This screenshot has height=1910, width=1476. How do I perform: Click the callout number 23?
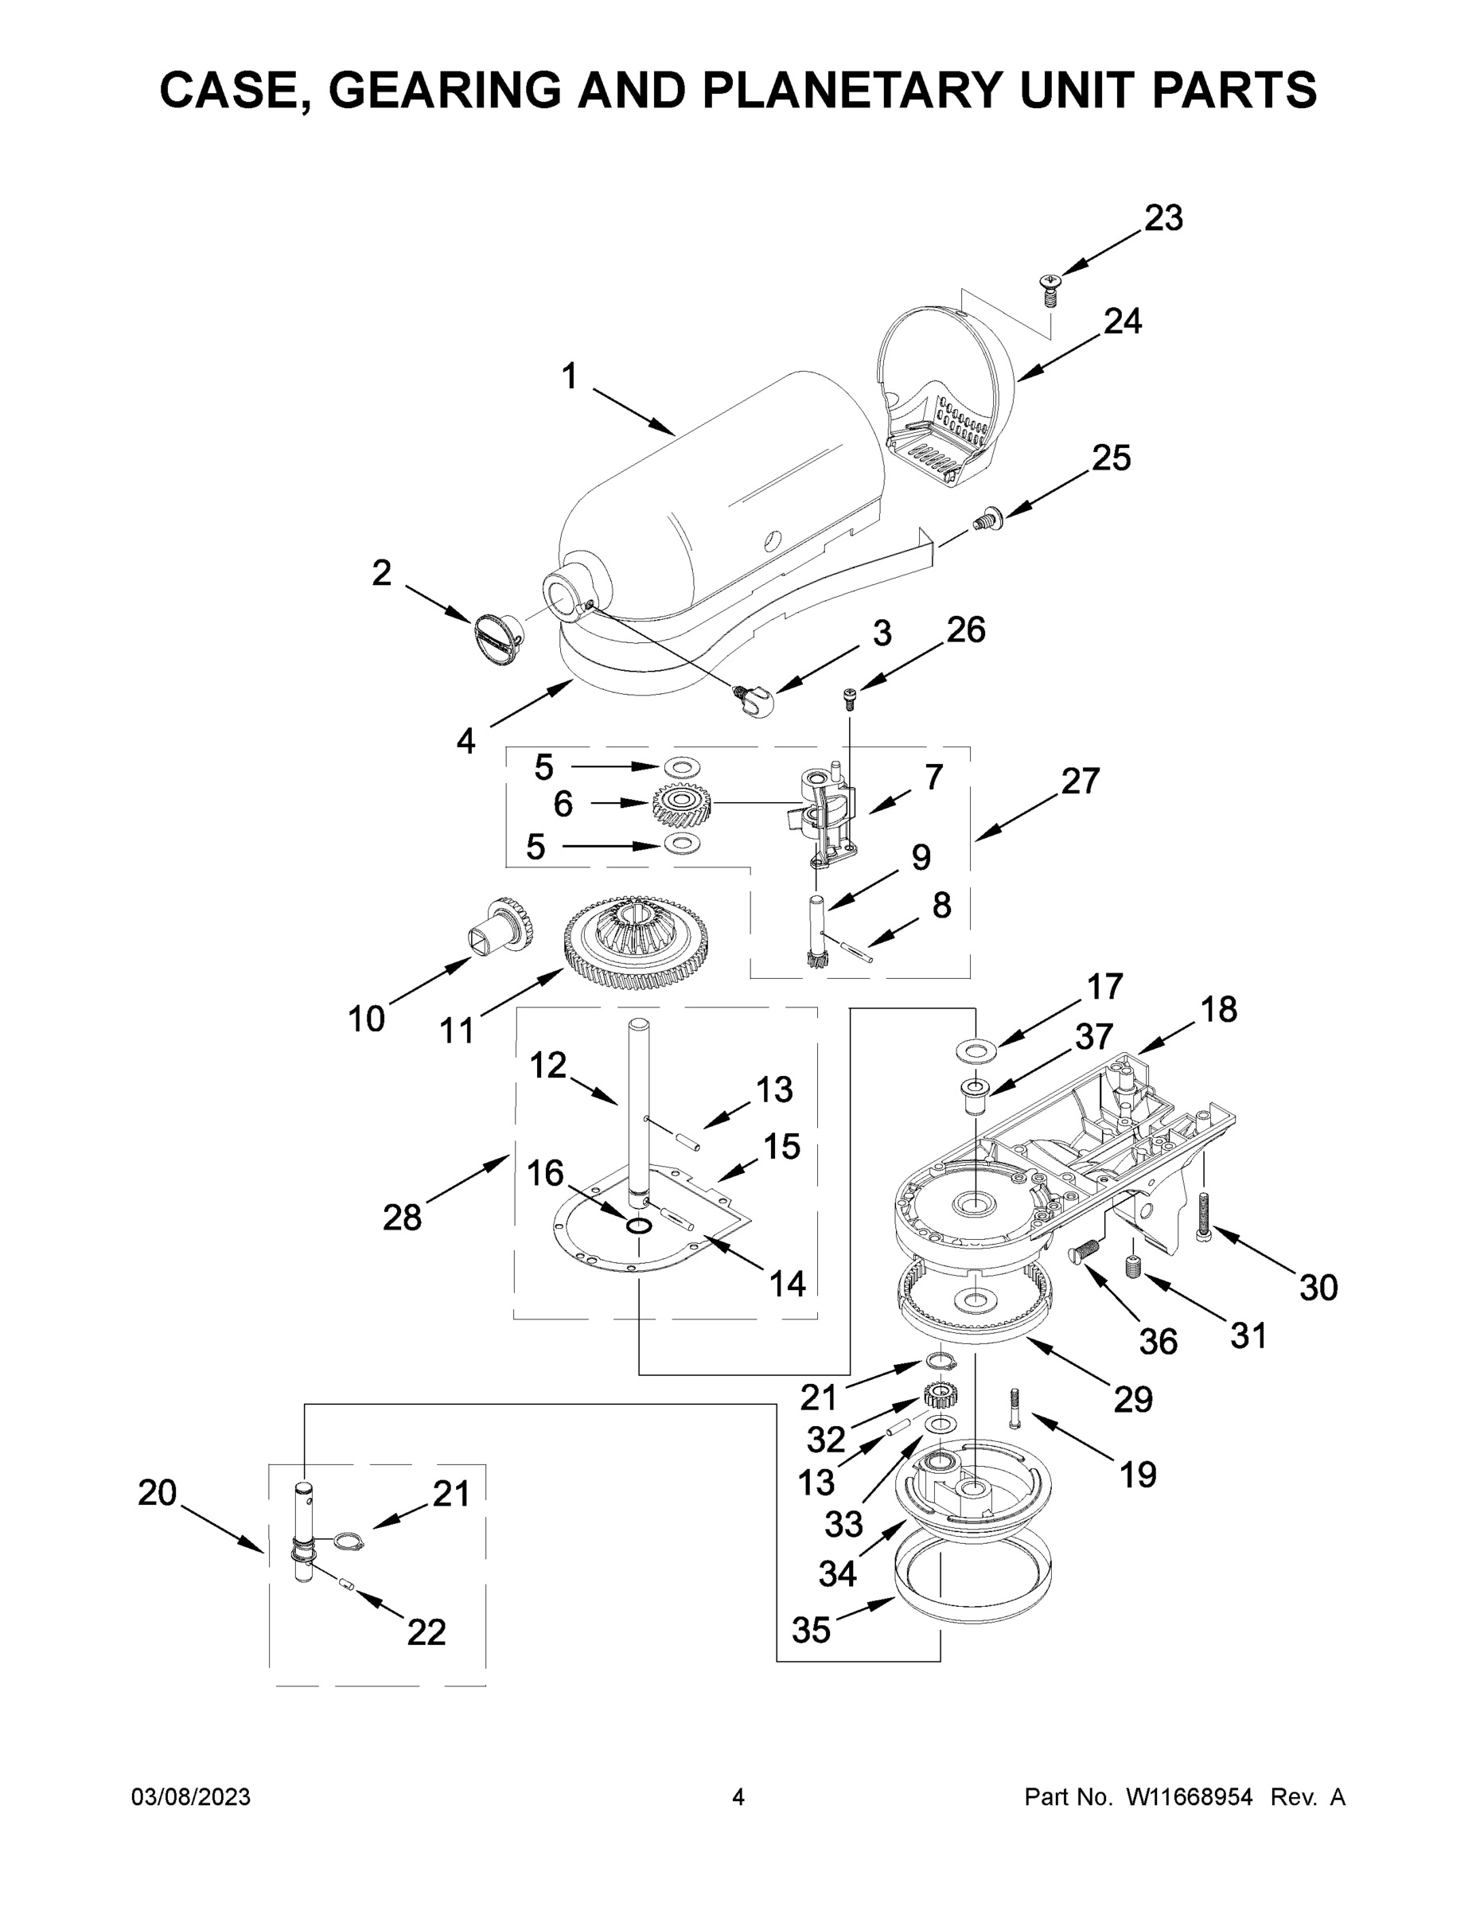[1164, 218]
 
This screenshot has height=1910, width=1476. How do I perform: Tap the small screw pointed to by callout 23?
[1050, 289]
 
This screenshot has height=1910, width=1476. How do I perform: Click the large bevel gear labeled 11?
[636, 943]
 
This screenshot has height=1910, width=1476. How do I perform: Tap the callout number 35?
[811, 1630]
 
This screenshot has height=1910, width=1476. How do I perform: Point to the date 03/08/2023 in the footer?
[191, 1797]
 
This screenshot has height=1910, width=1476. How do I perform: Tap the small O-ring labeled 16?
[638, 1226]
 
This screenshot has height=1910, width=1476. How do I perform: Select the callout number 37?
[1094, 1037]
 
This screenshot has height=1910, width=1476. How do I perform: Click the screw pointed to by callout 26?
[849, 697]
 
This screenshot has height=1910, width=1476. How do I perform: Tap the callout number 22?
[426, 1632]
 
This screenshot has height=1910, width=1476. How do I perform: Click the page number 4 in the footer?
[738, 1797]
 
